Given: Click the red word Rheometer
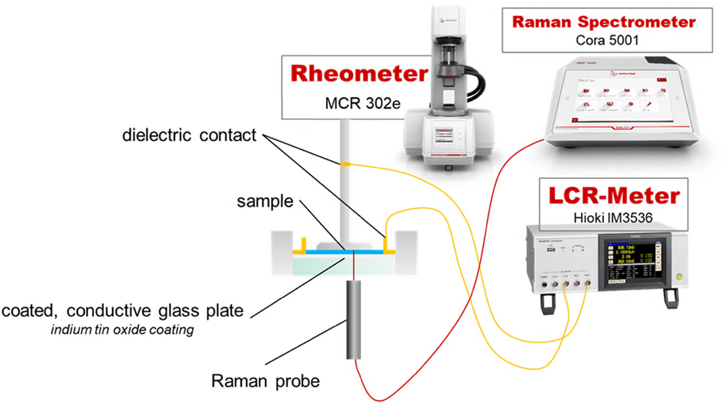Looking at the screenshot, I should point(359,74).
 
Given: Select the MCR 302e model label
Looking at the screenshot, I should point(363,103).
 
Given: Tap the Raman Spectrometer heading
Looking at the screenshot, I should point(603,22).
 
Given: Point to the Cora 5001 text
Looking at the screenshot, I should point(607,40).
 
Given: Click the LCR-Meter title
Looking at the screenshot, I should point(614,196).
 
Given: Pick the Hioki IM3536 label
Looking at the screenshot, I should point(613,218).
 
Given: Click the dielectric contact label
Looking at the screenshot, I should point(189,135).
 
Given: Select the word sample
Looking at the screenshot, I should point(265,201).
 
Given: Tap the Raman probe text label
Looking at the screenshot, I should point(265,381).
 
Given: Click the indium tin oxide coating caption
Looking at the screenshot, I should point(122,330).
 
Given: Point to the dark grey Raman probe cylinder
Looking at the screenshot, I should point(353,320).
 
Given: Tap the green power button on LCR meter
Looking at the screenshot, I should point(679,277).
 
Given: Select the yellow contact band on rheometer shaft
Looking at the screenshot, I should point(345,165).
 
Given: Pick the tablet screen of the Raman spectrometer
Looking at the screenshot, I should point(622,97).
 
